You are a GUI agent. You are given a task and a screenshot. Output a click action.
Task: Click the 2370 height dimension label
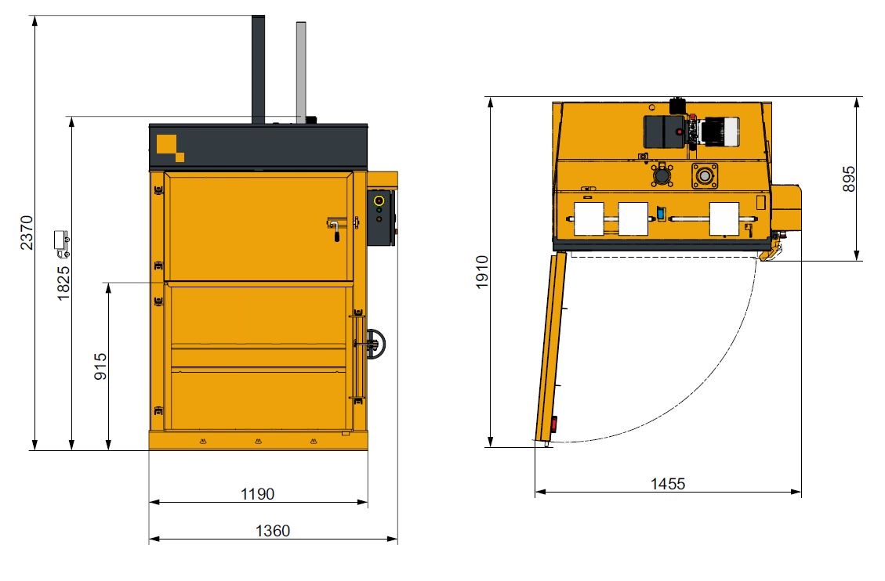point(27,233)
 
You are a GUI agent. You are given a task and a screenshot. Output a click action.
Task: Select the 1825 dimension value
point(63,283)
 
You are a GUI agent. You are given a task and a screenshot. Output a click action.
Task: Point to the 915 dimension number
point(100,366)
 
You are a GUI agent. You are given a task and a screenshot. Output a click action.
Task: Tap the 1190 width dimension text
point(257,493)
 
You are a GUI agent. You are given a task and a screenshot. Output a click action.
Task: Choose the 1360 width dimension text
point(273,531)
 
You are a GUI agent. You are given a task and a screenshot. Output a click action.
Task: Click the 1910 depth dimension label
point(481,272)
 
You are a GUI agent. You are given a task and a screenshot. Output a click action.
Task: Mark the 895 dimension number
point(848,179)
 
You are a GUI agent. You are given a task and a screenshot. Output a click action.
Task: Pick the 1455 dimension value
point(668,483)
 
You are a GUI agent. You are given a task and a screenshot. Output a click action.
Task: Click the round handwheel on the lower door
point(375,344)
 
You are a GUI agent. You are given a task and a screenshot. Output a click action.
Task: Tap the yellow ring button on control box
point(379,200)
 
